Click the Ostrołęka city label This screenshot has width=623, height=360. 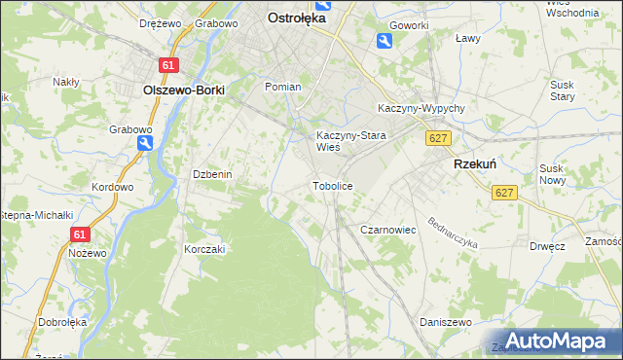click(x=297, y=17)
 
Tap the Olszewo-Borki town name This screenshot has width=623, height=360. click(x=183, y=90)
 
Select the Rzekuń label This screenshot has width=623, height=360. click(x=475, y=165)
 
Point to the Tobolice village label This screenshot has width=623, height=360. click(x=332, y=185)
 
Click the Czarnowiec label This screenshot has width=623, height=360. click(x=388, y=230)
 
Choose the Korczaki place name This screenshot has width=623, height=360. click(x=204, y=249)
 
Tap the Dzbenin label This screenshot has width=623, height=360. click(x=210, y=174)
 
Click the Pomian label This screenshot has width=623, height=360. click(x=283, y=87)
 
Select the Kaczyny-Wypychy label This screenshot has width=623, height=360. click(x=421, y=109)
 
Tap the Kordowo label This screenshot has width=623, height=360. click(x=111, y=187)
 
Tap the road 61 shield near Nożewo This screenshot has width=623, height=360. click(x=80, y=234)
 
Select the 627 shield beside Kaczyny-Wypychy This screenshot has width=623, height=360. click(x=437, y=139)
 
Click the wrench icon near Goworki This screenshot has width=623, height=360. click(x=385, y=40)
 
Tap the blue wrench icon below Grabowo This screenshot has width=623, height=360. click(x=145, y=143)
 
